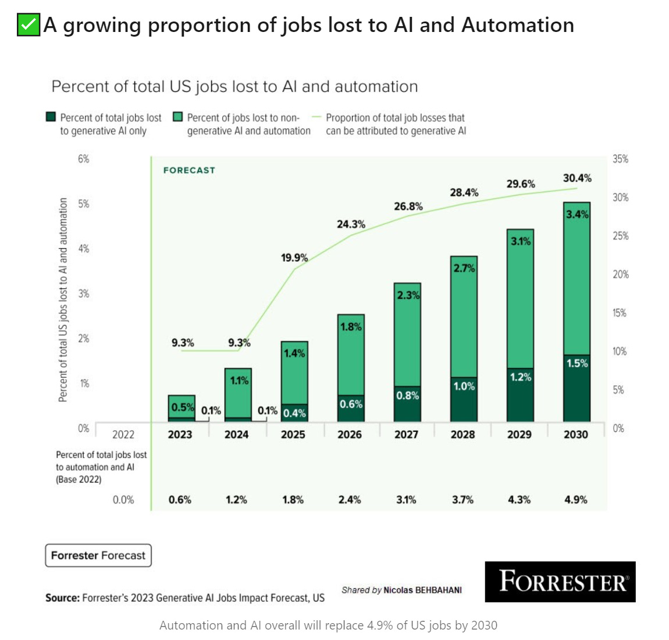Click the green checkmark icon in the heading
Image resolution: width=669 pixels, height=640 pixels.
pyautogui.click(x=28, y=25)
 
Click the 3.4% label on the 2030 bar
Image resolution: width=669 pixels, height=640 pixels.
pyautogui.click(x=577, y=214)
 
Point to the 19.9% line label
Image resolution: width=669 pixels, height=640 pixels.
pyautogui.click(x=294, y=258)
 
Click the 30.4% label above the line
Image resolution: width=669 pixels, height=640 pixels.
pyautogui.click(x=577, y=178)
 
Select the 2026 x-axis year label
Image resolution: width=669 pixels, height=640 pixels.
pyautogui.click(x=350, y=434)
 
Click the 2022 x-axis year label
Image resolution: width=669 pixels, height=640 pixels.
pyautogui.click(x=123, y=434)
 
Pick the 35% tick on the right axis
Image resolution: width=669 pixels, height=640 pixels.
pyautogui.click(x=620, y=159)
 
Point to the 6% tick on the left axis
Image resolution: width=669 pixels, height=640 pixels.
pyautogui.click(x=84, y=159)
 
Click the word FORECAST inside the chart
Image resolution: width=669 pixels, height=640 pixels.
pyautogui.click(x=189, y=170)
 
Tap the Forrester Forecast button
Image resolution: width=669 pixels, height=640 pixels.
pyautogui.click(x=98, y=555)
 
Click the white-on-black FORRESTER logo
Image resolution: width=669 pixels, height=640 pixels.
pyautogui.click(x=560, y=581)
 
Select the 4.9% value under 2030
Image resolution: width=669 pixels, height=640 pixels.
pyautogui.click(x=575, y=499)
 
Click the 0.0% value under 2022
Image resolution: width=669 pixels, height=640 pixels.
pyautogui.click(x=123, y=499)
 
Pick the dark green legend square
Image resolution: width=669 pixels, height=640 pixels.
pyautogui.click(x=51, y=117)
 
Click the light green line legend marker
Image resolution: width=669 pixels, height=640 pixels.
pyautogui.click(x=316, y=117)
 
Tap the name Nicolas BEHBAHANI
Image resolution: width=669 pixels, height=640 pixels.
pyautogui.click(x=422, y=590)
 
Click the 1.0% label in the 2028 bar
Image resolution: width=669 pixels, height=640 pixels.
pyautogui.click(x=464, y=386)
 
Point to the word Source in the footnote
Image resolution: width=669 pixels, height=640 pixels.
pyautogui.click(x=62, y=598)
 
